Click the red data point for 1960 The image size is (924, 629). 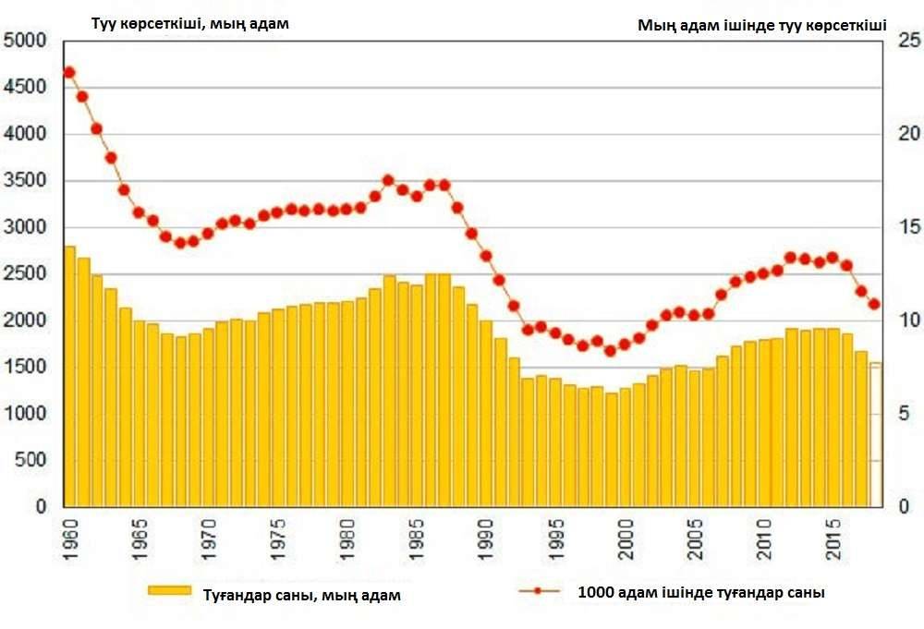68,72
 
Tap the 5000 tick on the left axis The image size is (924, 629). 25,41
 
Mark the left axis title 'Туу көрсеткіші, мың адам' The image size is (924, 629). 189,24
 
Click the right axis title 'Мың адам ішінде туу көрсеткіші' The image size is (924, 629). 761,26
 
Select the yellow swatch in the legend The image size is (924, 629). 169,590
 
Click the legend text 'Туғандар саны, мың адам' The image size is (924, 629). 302,596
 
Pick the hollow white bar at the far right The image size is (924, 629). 875,434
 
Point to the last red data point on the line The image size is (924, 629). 874,304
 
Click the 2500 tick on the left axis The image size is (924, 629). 25,274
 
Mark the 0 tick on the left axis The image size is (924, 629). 40,507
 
